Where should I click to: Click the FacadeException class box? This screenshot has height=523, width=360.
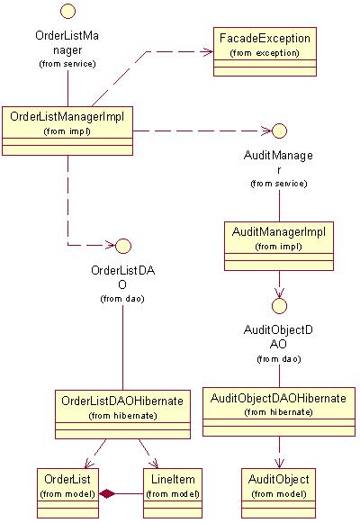point(265,51)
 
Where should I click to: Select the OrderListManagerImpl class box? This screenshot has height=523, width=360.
point(67,131)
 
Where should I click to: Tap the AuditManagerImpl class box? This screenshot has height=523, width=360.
point(279,246)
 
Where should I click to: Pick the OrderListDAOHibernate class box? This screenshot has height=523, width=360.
point(122,414)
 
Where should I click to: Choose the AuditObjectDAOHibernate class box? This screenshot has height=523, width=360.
point(279,411)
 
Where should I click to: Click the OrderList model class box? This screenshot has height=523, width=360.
point(67,493)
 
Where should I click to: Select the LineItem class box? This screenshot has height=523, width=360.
point(173,493)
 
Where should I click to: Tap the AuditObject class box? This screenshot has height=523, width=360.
point(278,493)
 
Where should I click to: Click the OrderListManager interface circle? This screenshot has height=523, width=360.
point(68,11)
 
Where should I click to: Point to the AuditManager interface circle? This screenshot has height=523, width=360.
point(279,131)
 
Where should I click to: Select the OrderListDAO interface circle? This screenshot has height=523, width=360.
point(123,246)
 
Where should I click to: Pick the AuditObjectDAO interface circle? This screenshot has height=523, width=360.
point(279,305)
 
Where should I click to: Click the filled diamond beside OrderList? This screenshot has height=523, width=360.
point(107,493)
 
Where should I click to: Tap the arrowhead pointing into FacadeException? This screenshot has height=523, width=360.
point(209,51)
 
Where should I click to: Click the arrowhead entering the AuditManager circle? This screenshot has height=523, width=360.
point(266,131)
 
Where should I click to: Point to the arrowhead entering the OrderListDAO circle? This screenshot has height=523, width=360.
point(111,246)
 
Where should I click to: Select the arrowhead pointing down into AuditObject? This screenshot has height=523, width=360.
point(279,464)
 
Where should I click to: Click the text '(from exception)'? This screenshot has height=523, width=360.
point(265,53)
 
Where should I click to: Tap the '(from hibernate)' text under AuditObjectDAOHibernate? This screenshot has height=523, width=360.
point(279,412)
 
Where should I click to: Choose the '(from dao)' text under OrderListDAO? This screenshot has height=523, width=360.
point(122,299)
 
